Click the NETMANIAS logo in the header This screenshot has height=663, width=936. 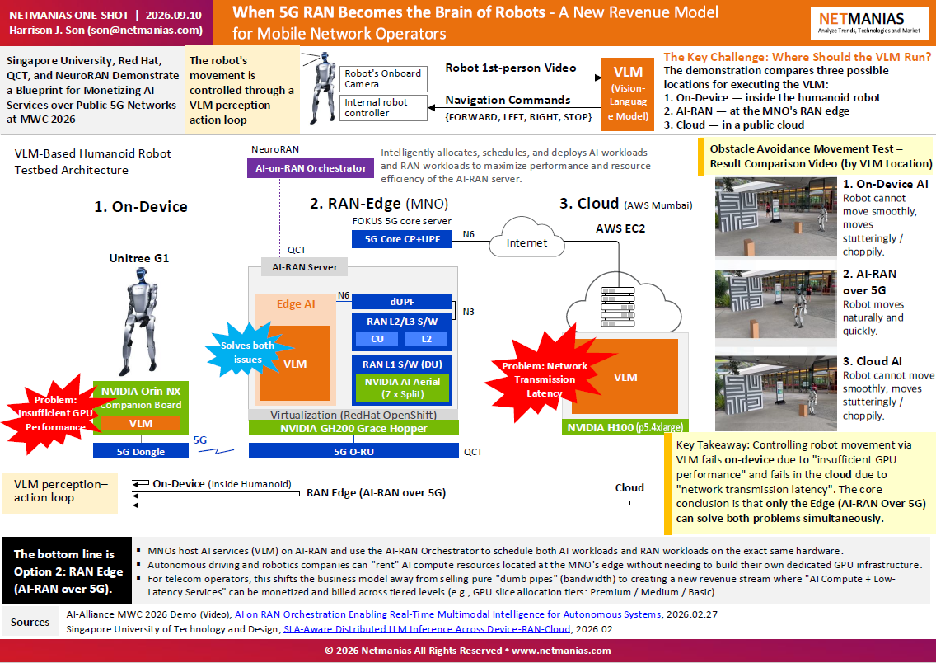[868, 23]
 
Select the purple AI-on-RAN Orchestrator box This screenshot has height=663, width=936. [311, 168]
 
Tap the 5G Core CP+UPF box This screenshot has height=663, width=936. [402, 239]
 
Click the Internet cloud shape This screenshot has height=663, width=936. [526, 239]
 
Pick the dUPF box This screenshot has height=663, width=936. [402, 302]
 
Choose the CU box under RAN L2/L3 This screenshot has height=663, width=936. [377, 339]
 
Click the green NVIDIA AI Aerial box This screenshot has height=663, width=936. [402, 388]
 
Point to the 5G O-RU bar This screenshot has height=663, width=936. [353, 451]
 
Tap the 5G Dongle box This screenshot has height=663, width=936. [140, 451]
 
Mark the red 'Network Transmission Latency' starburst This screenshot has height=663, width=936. [545, 379]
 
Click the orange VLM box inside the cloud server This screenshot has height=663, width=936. [625, 377]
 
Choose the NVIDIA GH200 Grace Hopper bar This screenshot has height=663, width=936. [353, 428]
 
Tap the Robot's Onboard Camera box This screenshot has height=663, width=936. [383, 78]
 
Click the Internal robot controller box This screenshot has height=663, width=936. [383, 107]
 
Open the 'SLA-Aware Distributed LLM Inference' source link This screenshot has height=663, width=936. [427, 629]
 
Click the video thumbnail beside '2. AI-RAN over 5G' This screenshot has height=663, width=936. [775, 304]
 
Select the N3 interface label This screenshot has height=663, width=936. [468, 312]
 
